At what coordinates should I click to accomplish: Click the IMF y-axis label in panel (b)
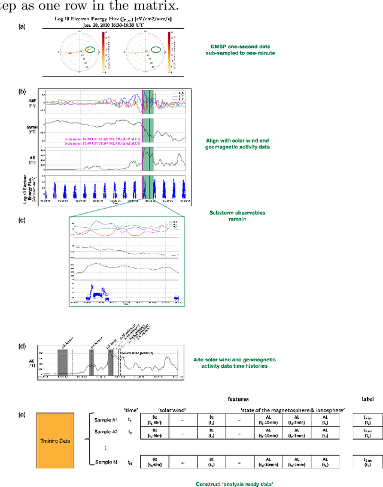[32, 102]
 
